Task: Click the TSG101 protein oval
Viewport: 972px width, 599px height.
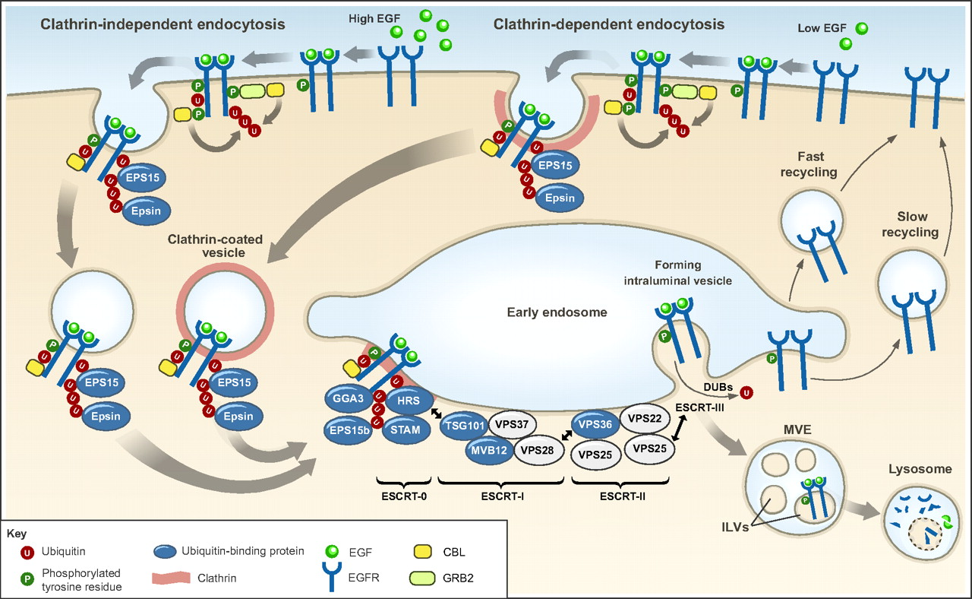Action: click(462, 425)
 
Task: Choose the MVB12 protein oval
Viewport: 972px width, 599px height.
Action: click(489, 449)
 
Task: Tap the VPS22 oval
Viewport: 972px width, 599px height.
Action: click(645, 419)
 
